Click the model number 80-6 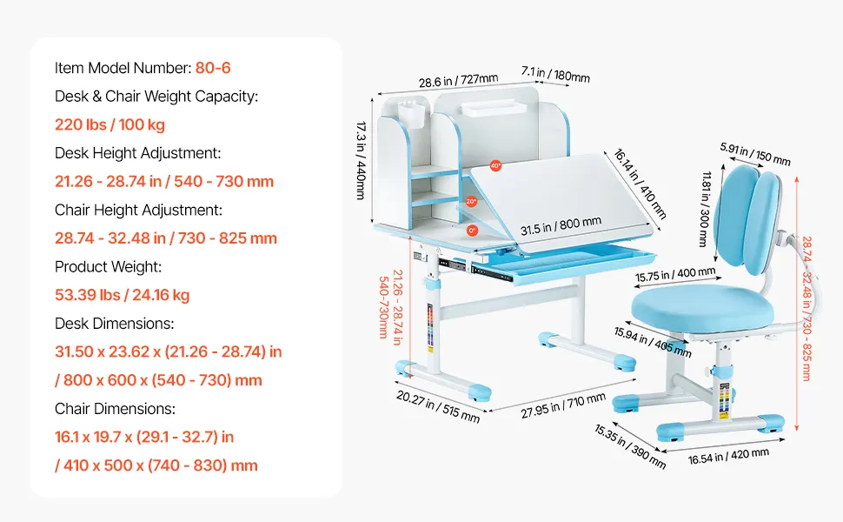click(213, 68)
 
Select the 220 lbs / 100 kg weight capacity click(110, 125)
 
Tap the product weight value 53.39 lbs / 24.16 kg click(122, 295)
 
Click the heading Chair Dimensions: click(115, 408)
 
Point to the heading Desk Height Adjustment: click(137, 153)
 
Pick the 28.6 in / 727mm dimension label click(459, 80)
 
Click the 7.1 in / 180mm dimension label click(555, 74)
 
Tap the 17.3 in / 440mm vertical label click(361, 160)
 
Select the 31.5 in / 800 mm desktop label click(561, 225)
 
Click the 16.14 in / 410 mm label click(641, 184)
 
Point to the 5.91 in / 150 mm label click(755, 154)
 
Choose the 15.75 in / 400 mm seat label click(675, 274)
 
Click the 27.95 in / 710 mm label click(563, 405)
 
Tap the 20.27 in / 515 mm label click(438, 406)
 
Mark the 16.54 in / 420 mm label click(728, 456)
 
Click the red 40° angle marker click(495, 166)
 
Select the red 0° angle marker click(472, 231)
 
